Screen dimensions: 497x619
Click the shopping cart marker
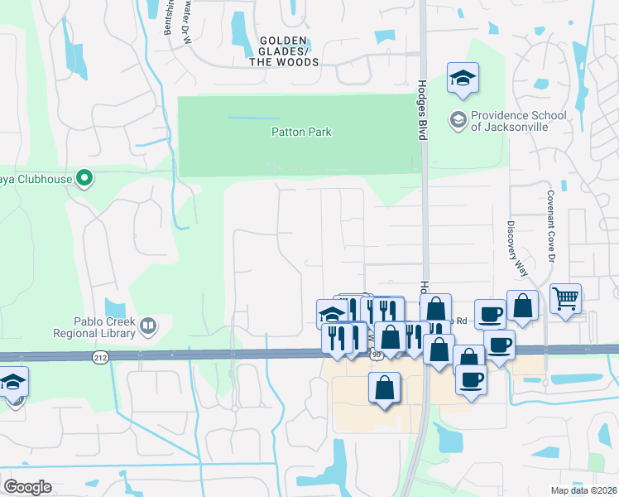click(x=565, y=297)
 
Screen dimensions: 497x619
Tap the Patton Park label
click(x=301, y=132)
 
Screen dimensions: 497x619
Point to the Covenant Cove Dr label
click(x=549, y=225)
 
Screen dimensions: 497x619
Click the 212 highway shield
click(x=99, y=358)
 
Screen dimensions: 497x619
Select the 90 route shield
click(x=377, y=355)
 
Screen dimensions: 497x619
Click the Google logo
click(x=28, y=486)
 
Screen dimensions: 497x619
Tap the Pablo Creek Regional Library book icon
click(x=148, y=325)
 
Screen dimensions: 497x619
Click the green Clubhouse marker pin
click(x=84, y=177)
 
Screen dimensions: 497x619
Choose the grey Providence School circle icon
click(x=458, y=121)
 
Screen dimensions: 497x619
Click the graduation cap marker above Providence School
click(x=463, y=79)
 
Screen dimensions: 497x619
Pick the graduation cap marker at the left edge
click(x=13, y=382)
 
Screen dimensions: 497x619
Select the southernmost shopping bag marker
click(x=384, y=388)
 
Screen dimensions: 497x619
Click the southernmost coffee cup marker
click(x=472, y=379)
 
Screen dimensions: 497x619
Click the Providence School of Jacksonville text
click(x=519, y=122)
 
